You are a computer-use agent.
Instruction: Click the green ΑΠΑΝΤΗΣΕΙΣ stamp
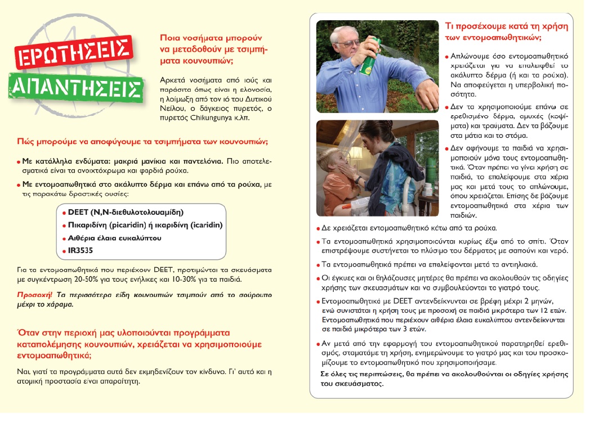tap(76, 87)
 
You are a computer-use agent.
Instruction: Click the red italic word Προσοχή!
tap(32, 294)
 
